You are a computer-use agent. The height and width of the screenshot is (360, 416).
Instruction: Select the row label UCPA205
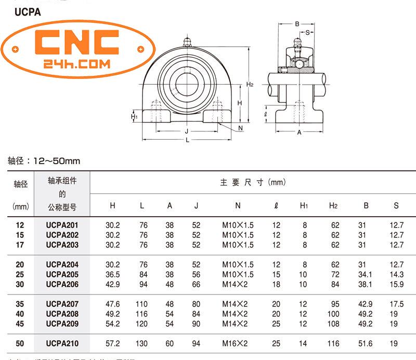[x=62, y=274]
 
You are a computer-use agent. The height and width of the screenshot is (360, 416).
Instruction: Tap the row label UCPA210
[x=62, y=343]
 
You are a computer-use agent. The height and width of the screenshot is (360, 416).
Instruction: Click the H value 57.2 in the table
[x=113, y=343]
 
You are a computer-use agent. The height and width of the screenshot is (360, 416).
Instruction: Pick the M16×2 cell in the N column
[x=238, y=343]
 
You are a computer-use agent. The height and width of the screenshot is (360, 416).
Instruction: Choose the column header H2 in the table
[x=333, y=206]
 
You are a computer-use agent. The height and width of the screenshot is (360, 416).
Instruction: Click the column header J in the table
[x=196, y=206]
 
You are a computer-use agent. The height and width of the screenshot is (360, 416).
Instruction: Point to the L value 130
[x=142, y=343]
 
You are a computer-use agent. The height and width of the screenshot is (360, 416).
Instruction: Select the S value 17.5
[x=396, y=304]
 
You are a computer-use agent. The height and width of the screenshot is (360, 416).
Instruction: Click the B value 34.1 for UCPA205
[x=366, y=274]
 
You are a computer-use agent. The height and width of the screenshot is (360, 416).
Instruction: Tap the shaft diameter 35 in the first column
[x=20, y=304]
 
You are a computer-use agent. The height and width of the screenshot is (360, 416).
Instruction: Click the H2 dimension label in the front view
[x=250, y=84]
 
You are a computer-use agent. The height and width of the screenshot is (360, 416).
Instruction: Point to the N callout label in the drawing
[x=240, y=128]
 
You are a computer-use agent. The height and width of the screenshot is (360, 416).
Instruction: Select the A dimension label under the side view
[x=299, y=132]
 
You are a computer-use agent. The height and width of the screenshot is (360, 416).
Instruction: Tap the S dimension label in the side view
[x=308, y=32]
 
